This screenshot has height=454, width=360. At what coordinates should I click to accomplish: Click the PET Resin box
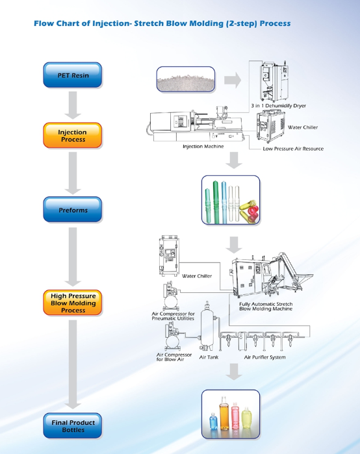[x=72, y=75]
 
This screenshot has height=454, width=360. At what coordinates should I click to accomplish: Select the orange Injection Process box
[x=72, y=135]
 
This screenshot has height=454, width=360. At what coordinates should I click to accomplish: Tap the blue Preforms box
[x=72, y=210]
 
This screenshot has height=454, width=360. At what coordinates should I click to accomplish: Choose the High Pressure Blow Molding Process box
[x=72, y=303]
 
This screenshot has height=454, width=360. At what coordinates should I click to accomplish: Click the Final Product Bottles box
[x=72, y=425]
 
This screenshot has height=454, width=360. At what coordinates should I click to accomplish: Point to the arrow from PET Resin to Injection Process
[x=73, y=105]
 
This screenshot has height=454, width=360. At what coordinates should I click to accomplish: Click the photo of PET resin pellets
[x=186, y=79]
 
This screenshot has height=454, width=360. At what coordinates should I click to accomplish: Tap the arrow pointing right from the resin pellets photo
[x=233, y=80]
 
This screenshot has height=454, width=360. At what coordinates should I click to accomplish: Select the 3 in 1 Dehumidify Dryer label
[x=278, y=106]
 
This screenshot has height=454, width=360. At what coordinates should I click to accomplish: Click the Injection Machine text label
[x=203, y=147]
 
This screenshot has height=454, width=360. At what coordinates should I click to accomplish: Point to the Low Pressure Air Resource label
[x=293, y=149]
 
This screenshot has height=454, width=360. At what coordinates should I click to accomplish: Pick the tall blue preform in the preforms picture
[x=224, y=202]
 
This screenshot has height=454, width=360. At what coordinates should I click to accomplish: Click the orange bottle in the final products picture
[x=224, y=413]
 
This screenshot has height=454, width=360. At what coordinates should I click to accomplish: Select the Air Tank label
[x=209, y=357]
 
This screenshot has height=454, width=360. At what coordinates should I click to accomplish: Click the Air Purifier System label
[x=264, y=357]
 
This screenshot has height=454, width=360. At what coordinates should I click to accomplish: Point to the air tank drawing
[x=207, y=326]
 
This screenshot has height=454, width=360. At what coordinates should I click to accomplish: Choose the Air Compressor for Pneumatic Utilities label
[x=174, y=316]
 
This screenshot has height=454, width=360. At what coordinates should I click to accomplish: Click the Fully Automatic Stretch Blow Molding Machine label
[x=266, y=307]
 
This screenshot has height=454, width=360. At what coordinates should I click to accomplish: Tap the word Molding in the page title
[x=206, y=23]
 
